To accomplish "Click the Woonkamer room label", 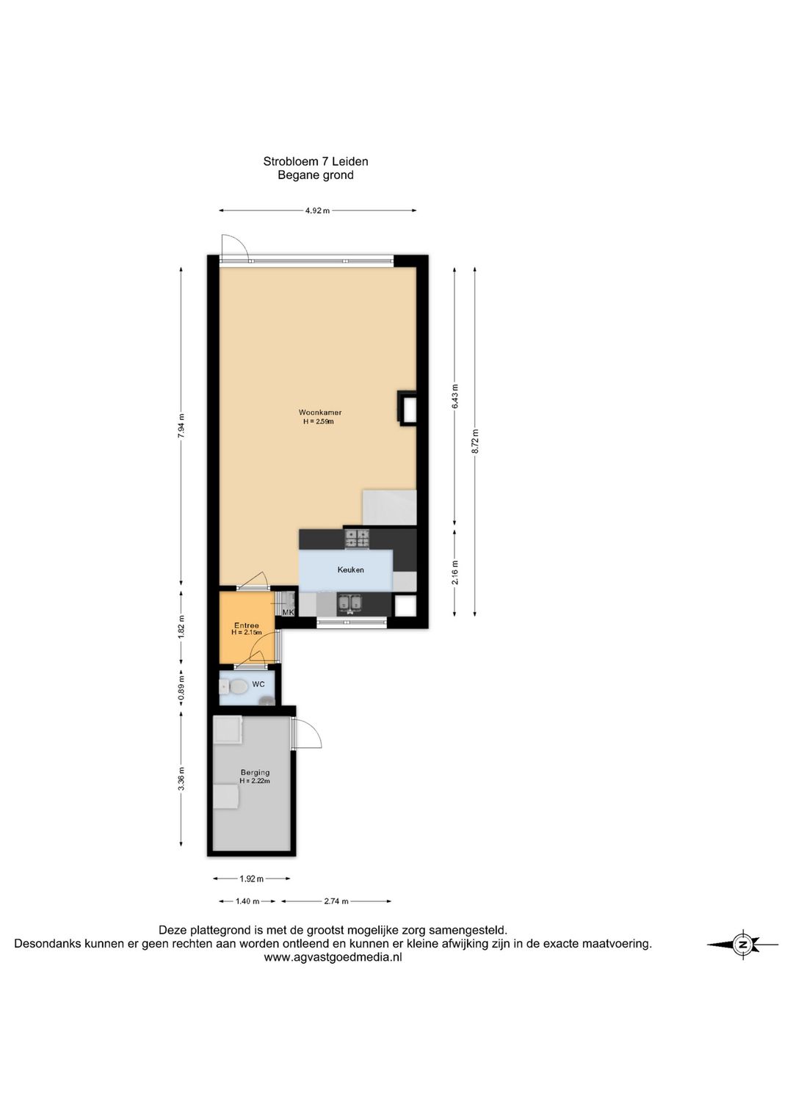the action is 319,412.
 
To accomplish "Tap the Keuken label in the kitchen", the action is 350,570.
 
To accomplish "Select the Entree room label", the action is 246,625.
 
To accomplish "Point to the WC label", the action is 258,684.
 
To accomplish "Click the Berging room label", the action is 255,773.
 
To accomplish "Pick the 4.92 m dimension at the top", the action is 318,211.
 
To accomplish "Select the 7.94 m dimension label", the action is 181,426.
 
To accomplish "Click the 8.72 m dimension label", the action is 475,441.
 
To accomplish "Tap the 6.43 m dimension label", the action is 455,396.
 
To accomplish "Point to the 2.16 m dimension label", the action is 455,573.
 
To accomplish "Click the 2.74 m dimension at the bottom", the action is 336,901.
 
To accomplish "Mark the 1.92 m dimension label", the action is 252,878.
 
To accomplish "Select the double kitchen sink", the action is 350,603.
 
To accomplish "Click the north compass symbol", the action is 743,945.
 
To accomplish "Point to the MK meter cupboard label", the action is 288,612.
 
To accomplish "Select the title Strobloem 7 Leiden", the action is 316,161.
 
